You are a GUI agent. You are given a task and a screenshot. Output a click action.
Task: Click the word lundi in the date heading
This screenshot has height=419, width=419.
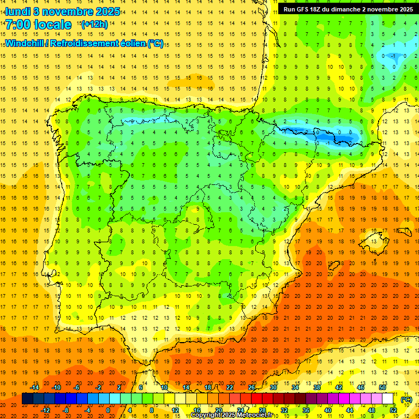[18, 11]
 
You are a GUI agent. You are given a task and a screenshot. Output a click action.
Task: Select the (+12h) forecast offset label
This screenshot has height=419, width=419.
[94, 25]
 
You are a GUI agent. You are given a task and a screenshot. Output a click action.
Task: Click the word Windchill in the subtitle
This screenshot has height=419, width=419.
[28, 43]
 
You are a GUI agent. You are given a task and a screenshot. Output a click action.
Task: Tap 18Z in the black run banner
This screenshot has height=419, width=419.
[319, 9]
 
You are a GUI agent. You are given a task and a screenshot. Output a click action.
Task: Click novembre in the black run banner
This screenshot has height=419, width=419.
[382, 9]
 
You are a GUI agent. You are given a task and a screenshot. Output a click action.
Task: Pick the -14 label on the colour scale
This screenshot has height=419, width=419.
[34, 387]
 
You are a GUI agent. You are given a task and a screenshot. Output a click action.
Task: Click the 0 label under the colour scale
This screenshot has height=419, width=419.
[107, 410]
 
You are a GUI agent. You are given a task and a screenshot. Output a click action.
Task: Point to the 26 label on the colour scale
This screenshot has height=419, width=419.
[252, 387]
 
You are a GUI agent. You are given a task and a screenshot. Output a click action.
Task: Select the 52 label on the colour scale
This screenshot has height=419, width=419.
[393, 410]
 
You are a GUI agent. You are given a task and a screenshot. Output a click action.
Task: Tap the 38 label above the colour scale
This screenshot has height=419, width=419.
[317, 387]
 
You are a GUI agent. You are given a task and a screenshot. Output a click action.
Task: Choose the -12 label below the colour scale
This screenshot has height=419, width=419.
[46, 410]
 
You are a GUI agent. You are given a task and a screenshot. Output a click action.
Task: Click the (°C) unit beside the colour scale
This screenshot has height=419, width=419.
[406, 399]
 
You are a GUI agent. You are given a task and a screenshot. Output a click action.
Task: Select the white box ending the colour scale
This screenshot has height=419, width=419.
[388, 399]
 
